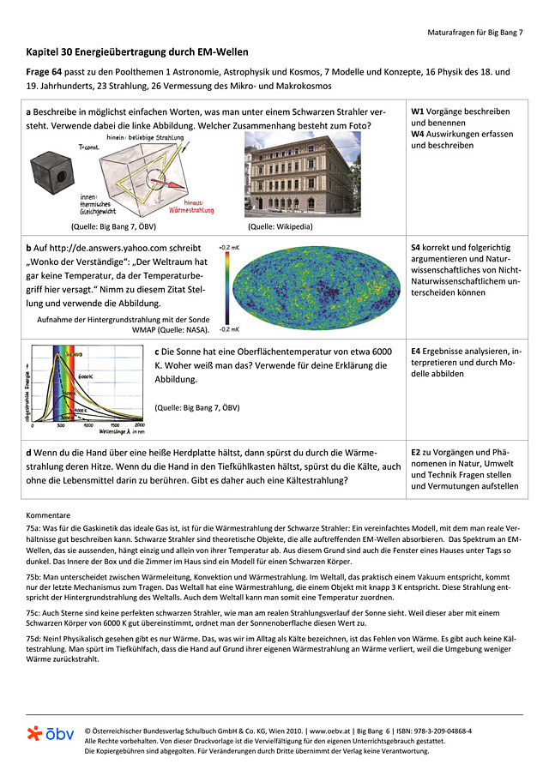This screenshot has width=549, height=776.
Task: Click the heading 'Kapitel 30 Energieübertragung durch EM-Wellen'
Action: pos(137,52)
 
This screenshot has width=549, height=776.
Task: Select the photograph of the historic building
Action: pos(301,174)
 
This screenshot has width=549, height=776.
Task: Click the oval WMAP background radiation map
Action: pos(317,286)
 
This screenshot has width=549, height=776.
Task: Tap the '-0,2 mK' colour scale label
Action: pos(227,328)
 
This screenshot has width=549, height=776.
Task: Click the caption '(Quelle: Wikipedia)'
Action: pos(280,226)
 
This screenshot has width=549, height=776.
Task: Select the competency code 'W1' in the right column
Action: pos(417,111)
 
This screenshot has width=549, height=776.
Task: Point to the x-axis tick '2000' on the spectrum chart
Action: pos(139,424)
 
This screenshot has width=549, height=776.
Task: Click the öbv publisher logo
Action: pos(50,734)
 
